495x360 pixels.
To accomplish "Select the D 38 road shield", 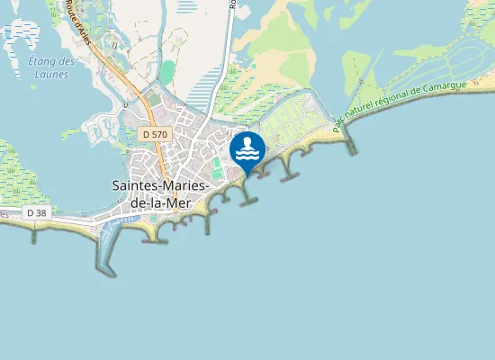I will point(37,212).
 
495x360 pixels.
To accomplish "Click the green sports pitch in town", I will point(217,167).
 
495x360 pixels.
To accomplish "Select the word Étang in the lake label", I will point(41,61).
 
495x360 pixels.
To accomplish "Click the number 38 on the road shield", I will point(40,212).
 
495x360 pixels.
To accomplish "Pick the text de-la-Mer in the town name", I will point(162,202).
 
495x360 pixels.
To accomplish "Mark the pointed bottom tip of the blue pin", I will point(247,174).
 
